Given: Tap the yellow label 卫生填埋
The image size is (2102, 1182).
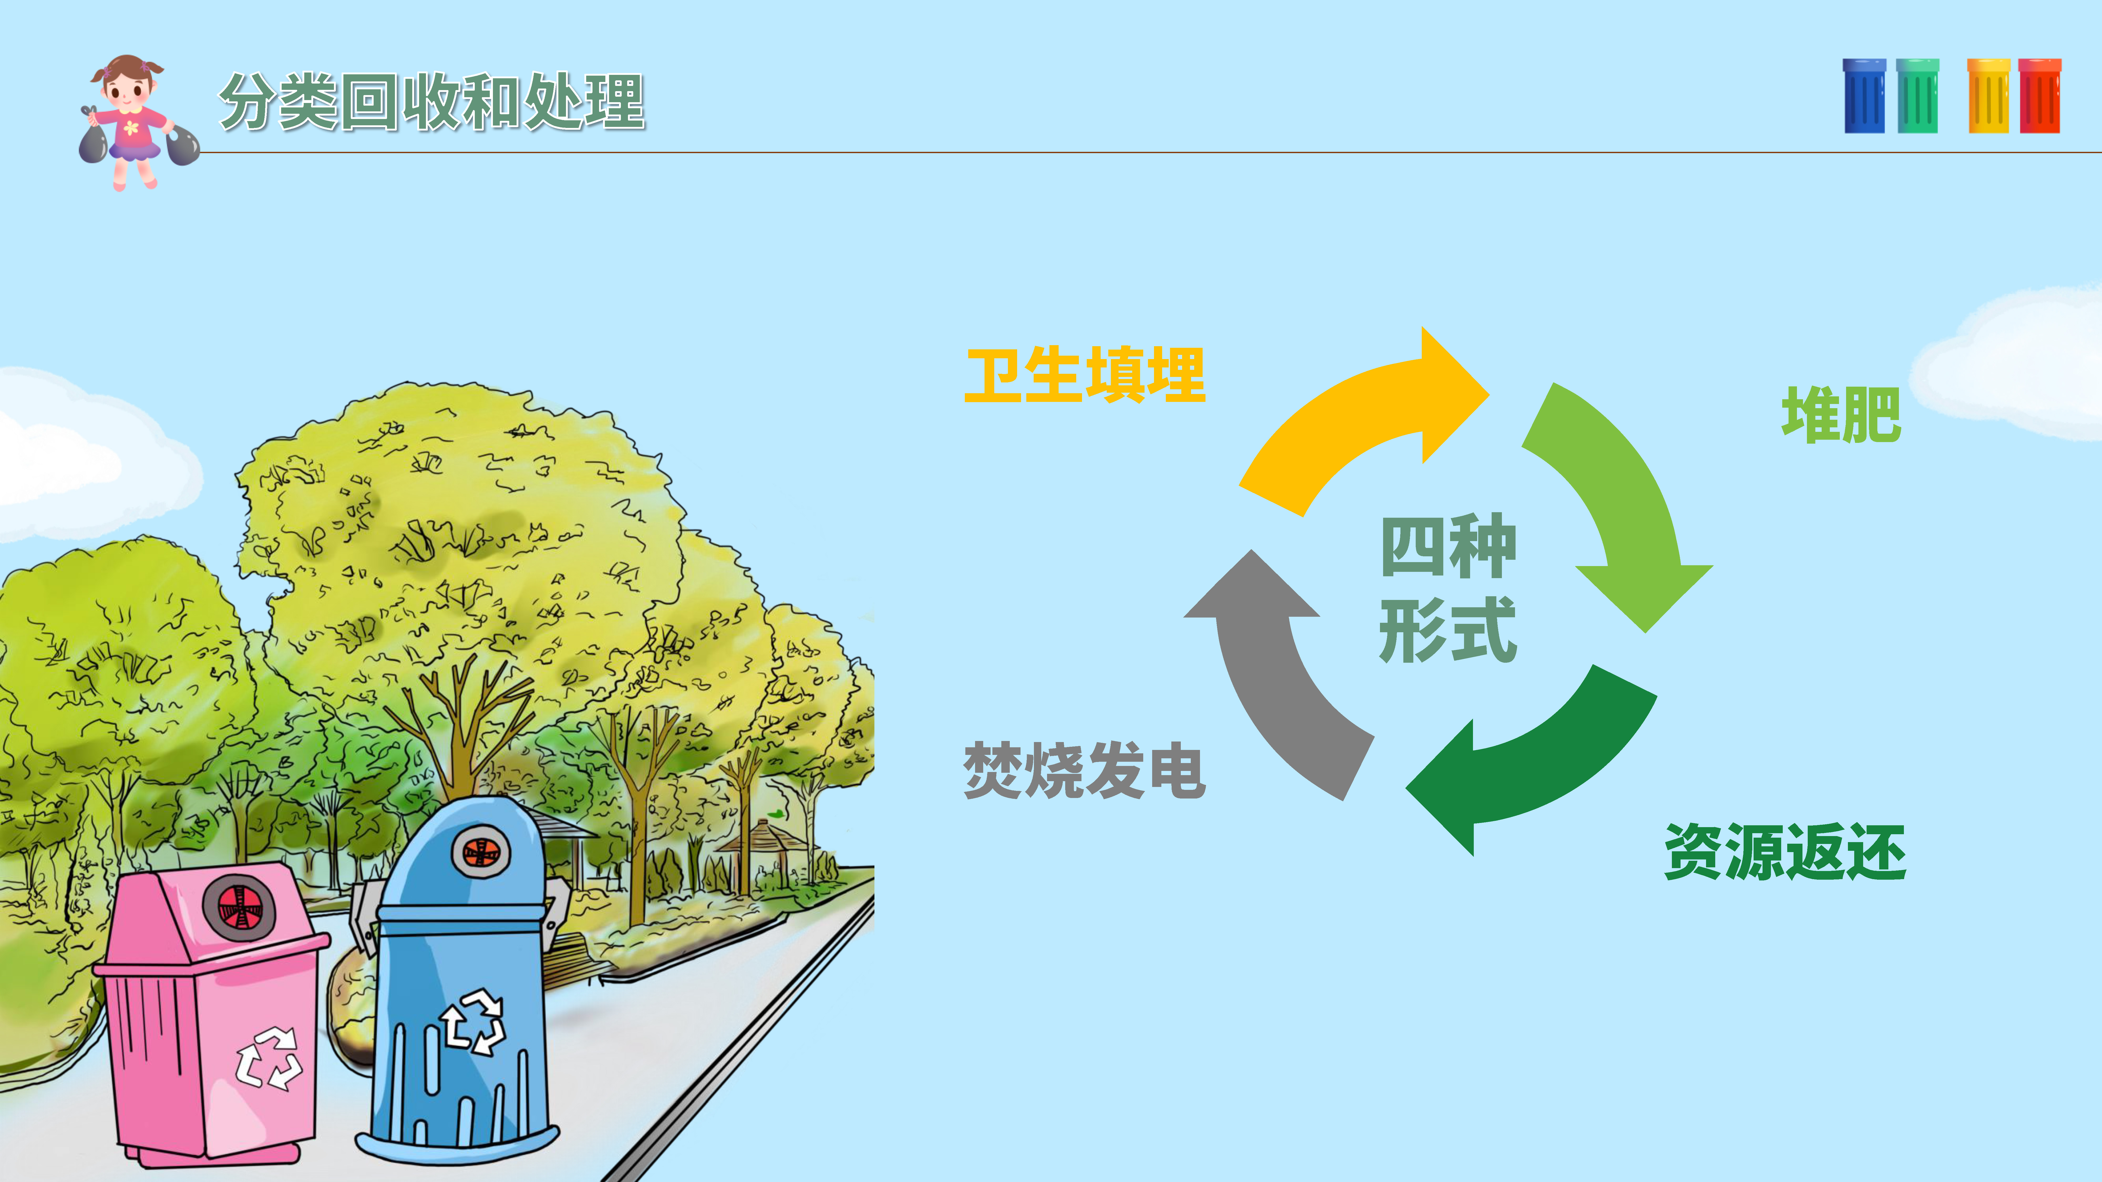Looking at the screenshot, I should (1084, 375).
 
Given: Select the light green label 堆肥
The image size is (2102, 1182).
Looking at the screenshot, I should (1841, 415).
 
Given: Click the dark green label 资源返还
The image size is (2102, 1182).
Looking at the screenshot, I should (1785, 852).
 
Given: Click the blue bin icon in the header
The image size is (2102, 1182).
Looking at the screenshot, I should (1864, 96).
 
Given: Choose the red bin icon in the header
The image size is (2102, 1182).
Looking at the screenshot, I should (2040, 96).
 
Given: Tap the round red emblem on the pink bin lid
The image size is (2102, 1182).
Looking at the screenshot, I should (238, 907).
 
